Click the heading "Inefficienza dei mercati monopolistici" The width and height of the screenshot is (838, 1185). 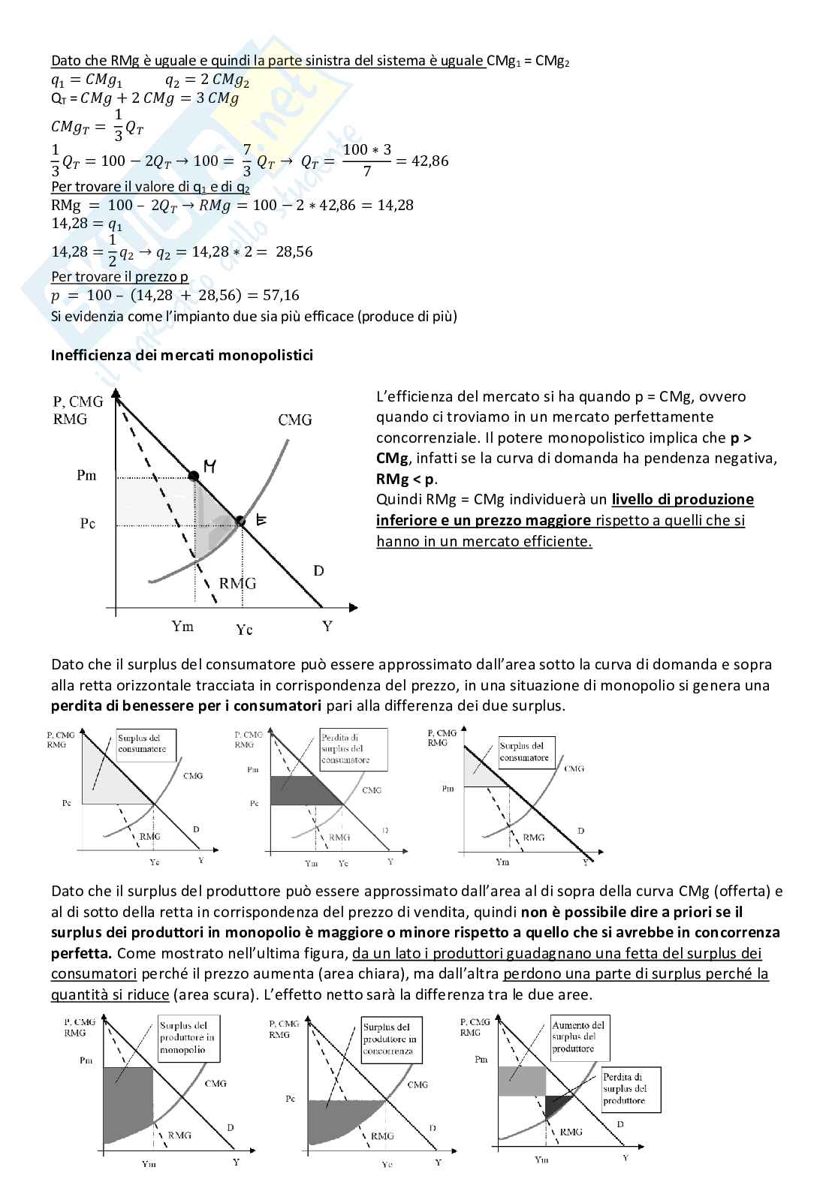[182, 355]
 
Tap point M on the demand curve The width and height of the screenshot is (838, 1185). [194, 476]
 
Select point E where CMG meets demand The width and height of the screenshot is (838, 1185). [240, 521]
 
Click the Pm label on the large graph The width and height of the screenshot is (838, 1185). [86, 475]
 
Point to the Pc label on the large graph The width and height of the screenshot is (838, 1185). [87, 523]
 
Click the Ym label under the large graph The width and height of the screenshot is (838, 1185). [182, 626]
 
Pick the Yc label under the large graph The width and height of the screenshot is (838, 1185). [244, 630]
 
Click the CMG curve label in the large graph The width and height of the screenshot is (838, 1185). [294, 420]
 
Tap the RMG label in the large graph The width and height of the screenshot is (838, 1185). [237, 583]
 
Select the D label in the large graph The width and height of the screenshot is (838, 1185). [318, 571]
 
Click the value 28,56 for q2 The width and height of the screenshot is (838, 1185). [294, 251]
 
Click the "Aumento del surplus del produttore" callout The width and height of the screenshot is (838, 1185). [578, 1037]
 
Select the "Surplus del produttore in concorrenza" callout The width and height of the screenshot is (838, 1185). [388, 1039]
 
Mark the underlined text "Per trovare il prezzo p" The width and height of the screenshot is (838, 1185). [119, 276]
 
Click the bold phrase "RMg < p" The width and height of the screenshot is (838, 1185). [405, 479]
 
